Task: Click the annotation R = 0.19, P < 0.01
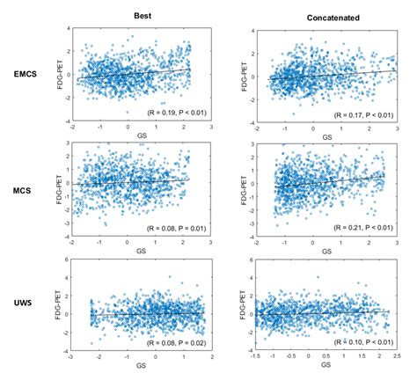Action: pos(179,113)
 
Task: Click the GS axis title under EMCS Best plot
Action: pos(142,137)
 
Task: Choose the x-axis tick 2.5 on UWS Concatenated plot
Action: pos(397,359)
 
